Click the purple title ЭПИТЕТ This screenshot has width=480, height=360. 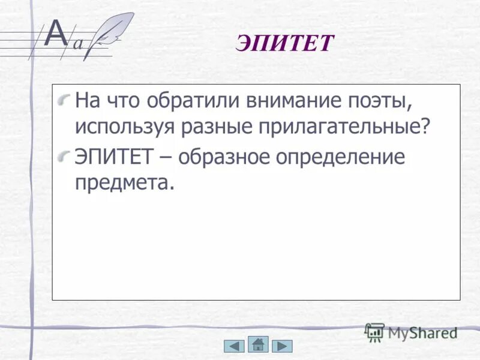pos(284,44)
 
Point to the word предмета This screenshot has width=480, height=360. pos(124,183)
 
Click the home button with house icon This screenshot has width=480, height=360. pos(258,345)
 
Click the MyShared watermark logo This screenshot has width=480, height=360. pos(411,332)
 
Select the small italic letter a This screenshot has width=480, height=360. pos(77,43)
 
